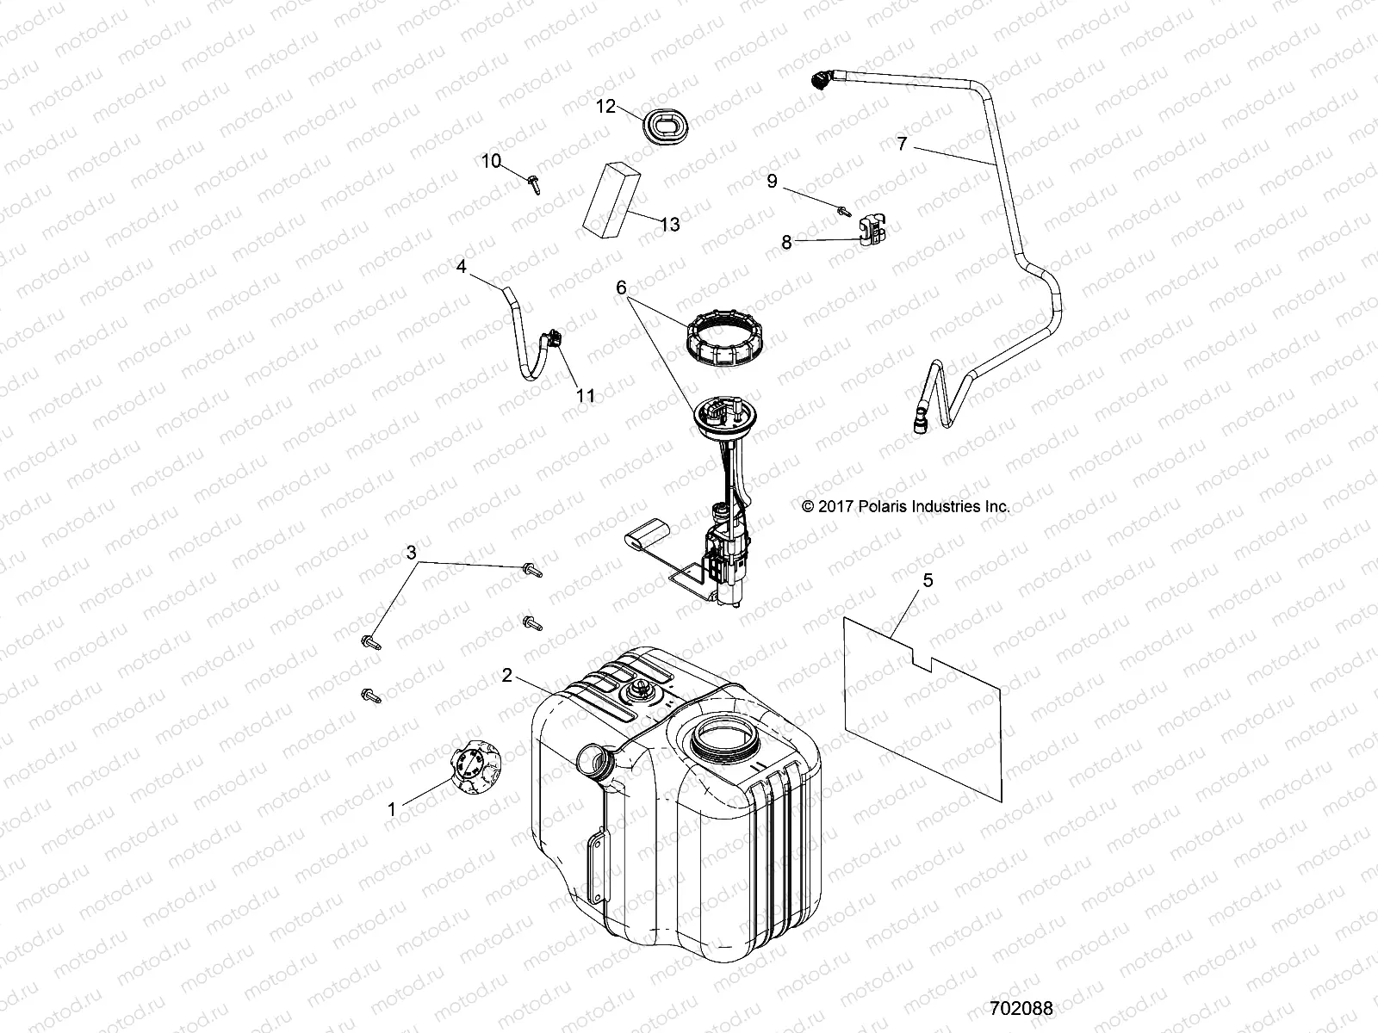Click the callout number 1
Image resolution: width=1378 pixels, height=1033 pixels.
[392, 809]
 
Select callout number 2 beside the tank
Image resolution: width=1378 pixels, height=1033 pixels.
[508, 676]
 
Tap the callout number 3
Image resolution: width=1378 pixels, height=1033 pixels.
[412, 551]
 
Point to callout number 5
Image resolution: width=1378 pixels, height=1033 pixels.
[928, 580]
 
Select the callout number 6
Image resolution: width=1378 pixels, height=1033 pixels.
[621, 288]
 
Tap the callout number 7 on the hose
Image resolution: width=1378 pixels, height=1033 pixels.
[902, 144]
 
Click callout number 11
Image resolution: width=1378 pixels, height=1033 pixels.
[586, 396]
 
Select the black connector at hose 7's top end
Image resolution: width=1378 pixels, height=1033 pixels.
[821, 82]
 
